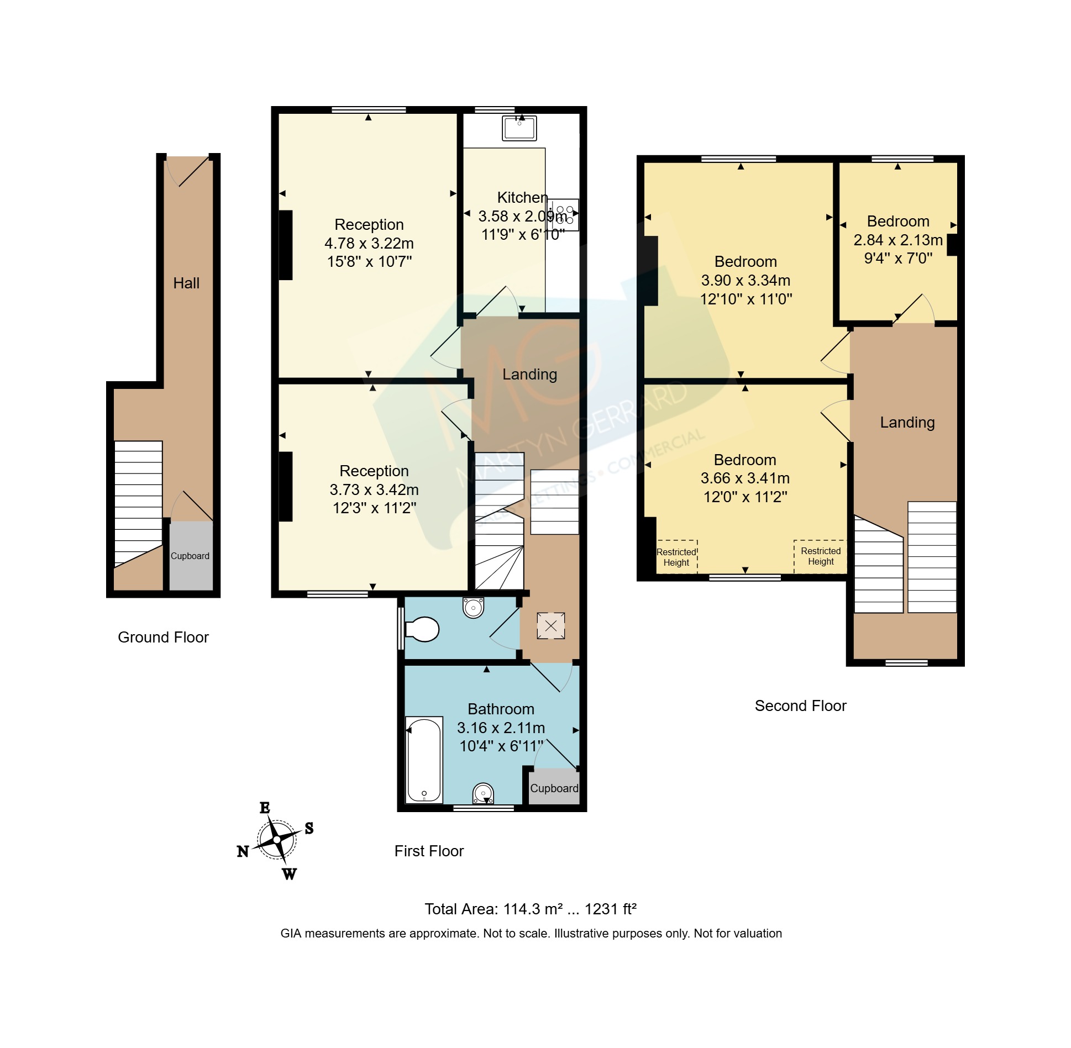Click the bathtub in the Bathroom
coord(424,759)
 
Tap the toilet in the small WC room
coord(422,629)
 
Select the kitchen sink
coord(519,128)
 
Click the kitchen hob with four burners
coord(564,215)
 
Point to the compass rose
coord(276,840)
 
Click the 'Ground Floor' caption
coord(163,637)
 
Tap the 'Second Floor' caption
coord(800,705)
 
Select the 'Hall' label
coord(186,283)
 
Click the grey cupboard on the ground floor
coord(191,556)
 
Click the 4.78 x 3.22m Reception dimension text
coord(369,243)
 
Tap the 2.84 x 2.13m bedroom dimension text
coord(898,240)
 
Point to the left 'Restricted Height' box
coord(676,557)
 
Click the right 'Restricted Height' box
coord(821,556)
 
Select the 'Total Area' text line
coord(531,909)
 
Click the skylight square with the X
coord(551,626)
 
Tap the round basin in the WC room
coord(473,608)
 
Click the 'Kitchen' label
coord(522,197)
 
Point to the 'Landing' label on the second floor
coord(907,423)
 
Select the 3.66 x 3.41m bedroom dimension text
coord(745,478)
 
